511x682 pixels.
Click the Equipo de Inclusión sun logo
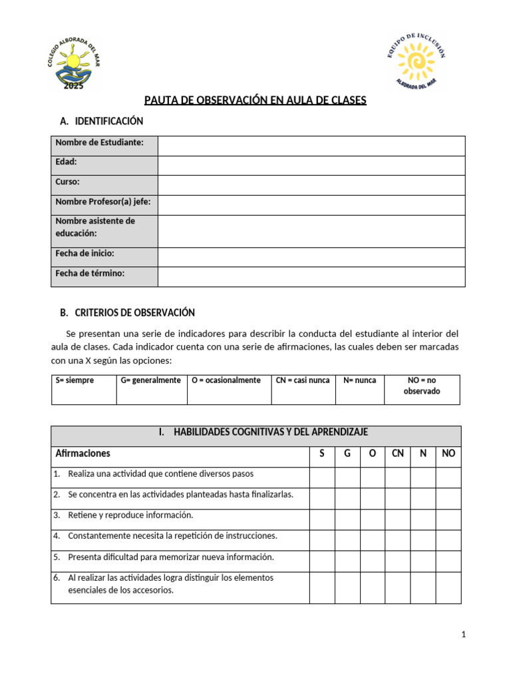(x=416, y=61)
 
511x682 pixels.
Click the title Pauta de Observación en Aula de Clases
(x=255, y=101)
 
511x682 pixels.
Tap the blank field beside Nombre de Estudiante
(x=311, y=146)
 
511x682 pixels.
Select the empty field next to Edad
(x=311, y=165)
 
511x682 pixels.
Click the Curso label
(x=68, y=182)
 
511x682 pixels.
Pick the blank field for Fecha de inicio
(x=311, y=257)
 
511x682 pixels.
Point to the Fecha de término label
(x=90, y=273)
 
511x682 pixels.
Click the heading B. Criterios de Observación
(x=127, y=312)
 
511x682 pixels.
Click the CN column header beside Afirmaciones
(x=398, y=454)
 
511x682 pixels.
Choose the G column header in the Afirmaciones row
(x=347, y=454)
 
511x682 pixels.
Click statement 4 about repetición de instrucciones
(x=172, y=536)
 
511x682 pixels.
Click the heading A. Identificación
(x=101, y=121)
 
